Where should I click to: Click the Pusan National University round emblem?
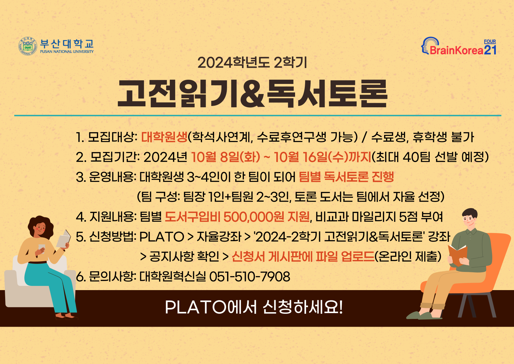[x=28, y=46]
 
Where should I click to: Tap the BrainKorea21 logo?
[x=459, y=46]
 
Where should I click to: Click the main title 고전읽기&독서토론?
[x=252, y=94]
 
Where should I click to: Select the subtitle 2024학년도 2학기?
[x=252, y=63]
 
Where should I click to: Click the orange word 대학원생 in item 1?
[x=164, y=137]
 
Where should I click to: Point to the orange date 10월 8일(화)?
[x=225, y=157]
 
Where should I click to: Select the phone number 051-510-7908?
[x=250, y=276]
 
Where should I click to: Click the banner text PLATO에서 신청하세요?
[x=254, y=307]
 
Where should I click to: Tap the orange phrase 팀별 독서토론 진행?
[x=346, y=177]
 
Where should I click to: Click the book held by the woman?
[x=63, y=239]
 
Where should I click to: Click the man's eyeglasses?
[x=468, y=219]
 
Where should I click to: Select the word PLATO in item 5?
[x=162, y=237]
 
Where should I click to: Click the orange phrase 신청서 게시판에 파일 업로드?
[x=303, y=256]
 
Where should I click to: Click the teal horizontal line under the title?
[x=258, y=115]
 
